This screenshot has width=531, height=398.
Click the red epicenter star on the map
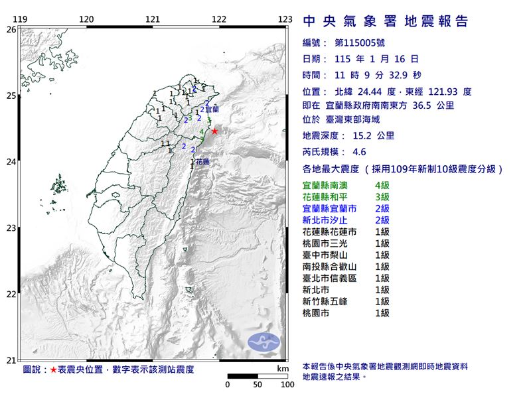click(214, 131)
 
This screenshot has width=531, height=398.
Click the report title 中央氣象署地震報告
click(386, 22)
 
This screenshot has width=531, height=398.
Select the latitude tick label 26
click(11, 30)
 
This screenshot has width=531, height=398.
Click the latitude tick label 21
click(11, 360)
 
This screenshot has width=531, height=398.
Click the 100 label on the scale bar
click(287, 384)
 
